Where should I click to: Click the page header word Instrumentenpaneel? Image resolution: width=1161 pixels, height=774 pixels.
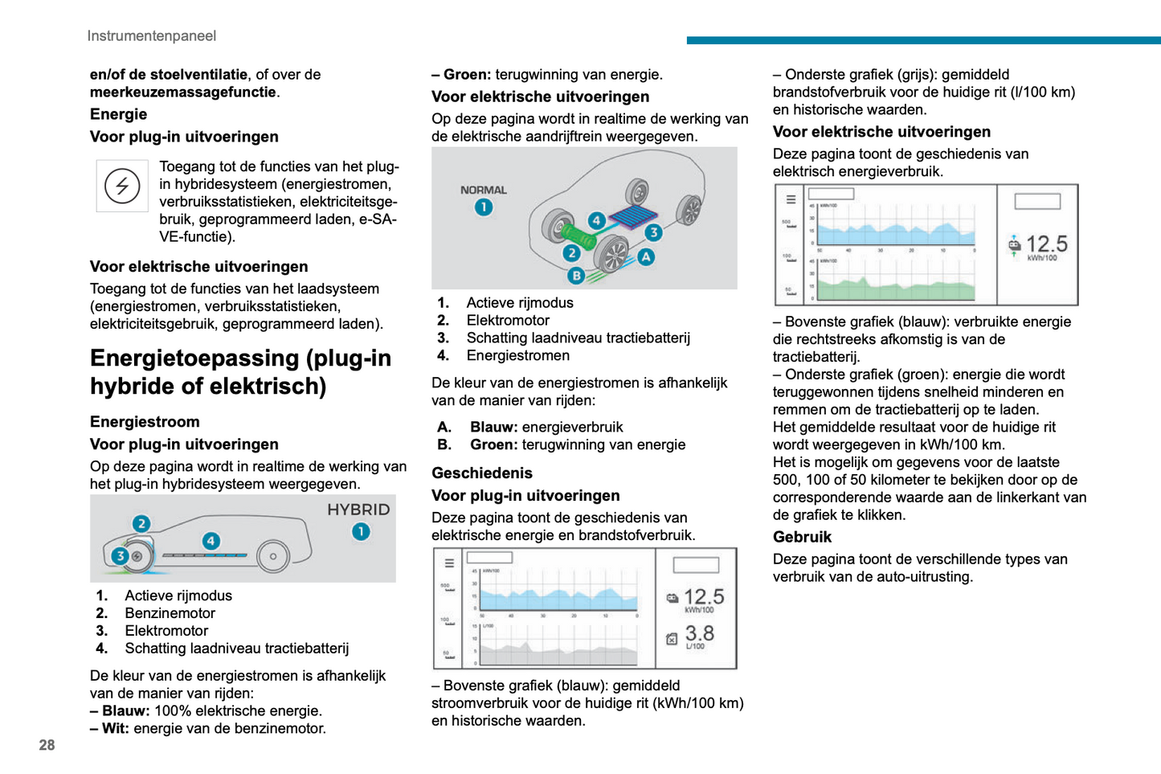coord(151,36)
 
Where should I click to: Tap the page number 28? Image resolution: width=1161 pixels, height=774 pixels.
coord(47,745)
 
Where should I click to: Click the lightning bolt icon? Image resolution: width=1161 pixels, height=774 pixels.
coord(122,186)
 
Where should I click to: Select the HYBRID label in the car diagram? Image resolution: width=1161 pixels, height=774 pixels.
coord(358,510)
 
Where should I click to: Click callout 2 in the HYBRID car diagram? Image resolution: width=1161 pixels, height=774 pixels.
coord(141,524)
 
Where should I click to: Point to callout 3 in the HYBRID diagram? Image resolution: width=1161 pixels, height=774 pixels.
coord(121,555)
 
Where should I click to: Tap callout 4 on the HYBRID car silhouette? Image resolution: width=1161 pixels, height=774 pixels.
coord(211,541)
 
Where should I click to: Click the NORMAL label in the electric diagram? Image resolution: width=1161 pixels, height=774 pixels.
coord(483,190)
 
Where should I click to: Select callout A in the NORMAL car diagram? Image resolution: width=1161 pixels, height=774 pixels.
coord(646,257)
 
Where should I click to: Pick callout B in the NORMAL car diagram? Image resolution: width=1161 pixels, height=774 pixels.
coord(576,276)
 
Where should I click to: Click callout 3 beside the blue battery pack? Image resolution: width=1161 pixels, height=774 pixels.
coord(653,232)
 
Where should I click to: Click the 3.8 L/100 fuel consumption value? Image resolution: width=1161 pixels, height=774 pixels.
coord(699,636)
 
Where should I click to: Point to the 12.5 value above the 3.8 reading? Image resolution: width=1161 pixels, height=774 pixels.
coord(703,598)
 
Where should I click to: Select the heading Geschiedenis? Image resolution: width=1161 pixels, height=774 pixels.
coord(482,473)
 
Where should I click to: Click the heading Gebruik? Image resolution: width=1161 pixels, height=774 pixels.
coord(802,537)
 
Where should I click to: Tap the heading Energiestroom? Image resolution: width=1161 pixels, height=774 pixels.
coord(145,422)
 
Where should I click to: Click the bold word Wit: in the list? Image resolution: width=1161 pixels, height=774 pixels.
coord(115,729)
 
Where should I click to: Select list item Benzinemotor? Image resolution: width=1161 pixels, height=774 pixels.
coord(170,613)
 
